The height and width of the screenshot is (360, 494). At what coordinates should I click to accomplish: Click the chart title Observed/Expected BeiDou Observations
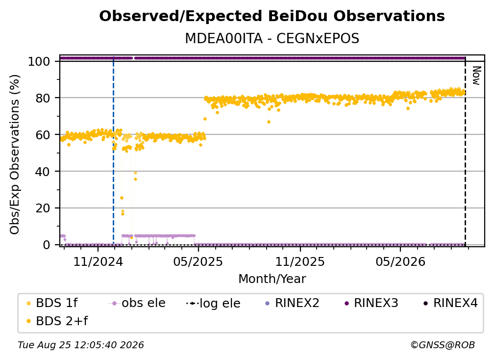pyautogui.click(x=272, y=16)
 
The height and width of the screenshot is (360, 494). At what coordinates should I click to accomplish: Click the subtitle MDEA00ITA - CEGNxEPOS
pyautogui.click(x=272, y=39)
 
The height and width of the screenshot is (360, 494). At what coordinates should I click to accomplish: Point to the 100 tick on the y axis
pyautogui.click(x=39, y=61)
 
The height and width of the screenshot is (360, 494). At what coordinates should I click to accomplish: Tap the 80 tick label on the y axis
pyautogui.click(x=43, y=98)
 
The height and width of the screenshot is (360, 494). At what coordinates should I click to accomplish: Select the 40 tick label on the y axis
pyautogui.click(x=43, y=172)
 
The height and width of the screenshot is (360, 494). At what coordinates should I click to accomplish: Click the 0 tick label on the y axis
pyautogui.click(x=46, y=245)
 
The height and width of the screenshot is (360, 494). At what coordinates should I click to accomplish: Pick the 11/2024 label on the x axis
pyautogui.click(x=98, y=261)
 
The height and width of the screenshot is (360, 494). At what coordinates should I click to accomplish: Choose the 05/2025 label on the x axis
pyautogui.click(x=198, y=261)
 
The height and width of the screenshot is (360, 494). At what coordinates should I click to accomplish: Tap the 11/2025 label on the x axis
pyautogui.click(x=300, y=261)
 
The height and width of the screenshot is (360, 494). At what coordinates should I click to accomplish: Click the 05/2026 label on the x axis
pyautogui.click(x=400, y=261)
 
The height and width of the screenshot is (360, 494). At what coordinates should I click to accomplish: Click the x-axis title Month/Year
pyautogui.click(x=272, y=279)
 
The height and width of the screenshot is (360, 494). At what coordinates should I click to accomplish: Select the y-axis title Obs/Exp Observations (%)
pyautogui.click(x=15, y=154)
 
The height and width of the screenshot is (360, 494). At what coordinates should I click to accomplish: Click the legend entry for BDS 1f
pyautogui.click(x=52, y=303)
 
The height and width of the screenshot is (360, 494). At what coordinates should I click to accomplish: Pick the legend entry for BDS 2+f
pyautogui.click(x=57, y=321)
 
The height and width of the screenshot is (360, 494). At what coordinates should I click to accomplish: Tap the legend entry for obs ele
pyautogui.click(x=137, y=303)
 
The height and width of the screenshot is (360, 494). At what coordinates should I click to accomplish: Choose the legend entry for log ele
pyautogui.click(x=213, y=304)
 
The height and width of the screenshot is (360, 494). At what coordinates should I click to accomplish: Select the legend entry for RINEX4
pyautogui.click(x=450, y=303)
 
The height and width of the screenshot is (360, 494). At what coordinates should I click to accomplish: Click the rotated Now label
pyautogui.click(x=476, y=76)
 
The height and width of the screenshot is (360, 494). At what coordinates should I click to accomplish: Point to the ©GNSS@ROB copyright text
pyautogui.click(x=443, y=345)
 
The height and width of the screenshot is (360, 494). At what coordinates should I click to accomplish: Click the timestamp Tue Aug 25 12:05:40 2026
pyautogui.click(x=81, y=345)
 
